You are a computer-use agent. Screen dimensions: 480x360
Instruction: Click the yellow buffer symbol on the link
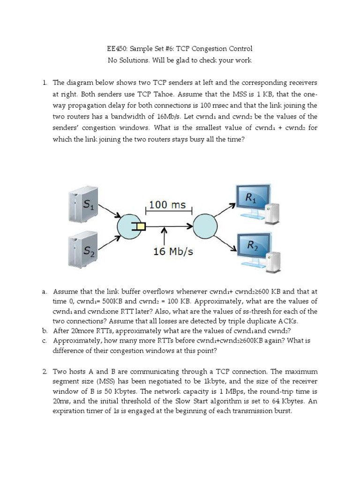[x=139, y=227]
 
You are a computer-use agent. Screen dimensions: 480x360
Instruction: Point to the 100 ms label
[x=167, y=205]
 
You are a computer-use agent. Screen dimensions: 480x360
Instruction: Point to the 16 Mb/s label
[x=173, y=251]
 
